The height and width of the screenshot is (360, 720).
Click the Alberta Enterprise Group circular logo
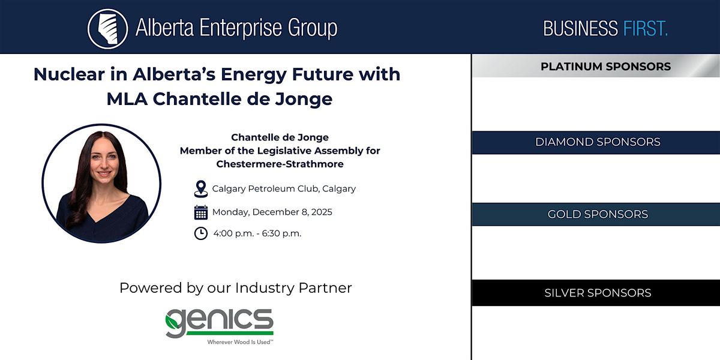pyautogui.click(x=107, y=28)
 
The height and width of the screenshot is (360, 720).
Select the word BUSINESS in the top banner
pyautogui.click(x=580, y=28)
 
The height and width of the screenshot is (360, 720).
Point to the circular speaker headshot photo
pyautogui.click(x=101, y=184)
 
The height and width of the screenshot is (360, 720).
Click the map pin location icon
pyautogui.click(x=201, y=188)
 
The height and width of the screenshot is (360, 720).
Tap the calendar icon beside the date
pyautogui.click(x=201, y=212)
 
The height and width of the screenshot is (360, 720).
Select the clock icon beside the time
pyautogui.click(x=201, y=233)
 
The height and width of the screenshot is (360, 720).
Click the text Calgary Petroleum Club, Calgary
pyautogui.click(x=284, y=188)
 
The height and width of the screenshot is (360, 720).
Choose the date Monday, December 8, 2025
pyautogui.click(x=272, y=212)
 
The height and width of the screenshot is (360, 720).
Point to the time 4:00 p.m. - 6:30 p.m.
pyautogui.click(x=257, y=233)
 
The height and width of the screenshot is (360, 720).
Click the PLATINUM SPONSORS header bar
pyautogui.click(x=596, y=67)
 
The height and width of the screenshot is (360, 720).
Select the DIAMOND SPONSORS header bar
pyautogui.click(x=596, y=142)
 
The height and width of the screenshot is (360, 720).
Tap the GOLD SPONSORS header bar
pyautogui.click(x=596, y=214)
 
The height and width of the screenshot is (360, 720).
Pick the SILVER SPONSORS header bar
pyautogui.click(x=596, y=293)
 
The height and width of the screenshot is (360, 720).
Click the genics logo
pyautogui.click(x=220, y=322)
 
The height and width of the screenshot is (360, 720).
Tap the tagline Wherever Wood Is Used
pyautogui.click(x=240, y=342)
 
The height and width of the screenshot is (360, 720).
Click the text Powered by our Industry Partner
pyautogui.click(x=235, y=288)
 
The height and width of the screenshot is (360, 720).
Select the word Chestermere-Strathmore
pyautogui.click(x=280, y=164)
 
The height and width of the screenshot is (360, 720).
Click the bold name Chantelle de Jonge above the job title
pyautogui.click(x=280, y=137)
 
